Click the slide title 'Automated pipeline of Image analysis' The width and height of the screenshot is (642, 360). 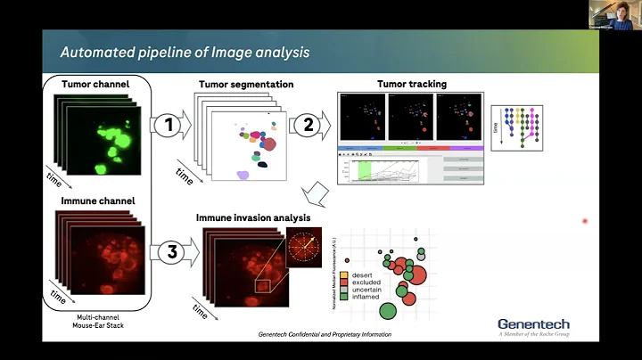point(185,52)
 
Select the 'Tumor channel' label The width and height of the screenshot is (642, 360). point(95,85)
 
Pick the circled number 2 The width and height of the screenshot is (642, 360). point(309,126)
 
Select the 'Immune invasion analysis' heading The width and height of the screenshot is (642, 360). point(253,217)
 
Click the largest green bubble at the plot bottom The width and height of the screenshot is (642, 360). point(388,310)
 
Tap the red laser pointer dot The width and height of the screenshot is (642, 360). point(585,220)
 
